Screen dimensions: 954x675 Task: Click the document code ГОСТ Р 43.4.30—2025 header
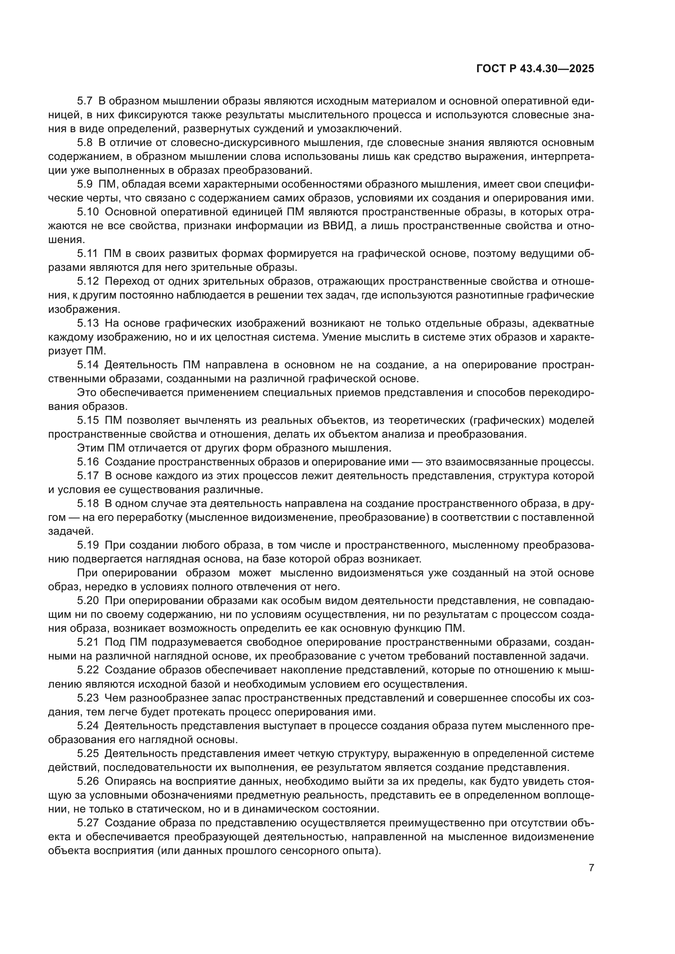tap(535, 69)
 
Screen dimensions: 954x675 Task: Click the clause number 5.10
tap(88, 212)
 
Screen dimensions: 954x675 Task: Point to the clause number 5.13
tap(88, 323)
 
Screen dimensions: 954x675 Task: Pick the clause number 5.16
tap(88, 462)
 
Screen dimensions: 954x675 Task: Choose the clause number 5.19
tap(88, 545)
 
